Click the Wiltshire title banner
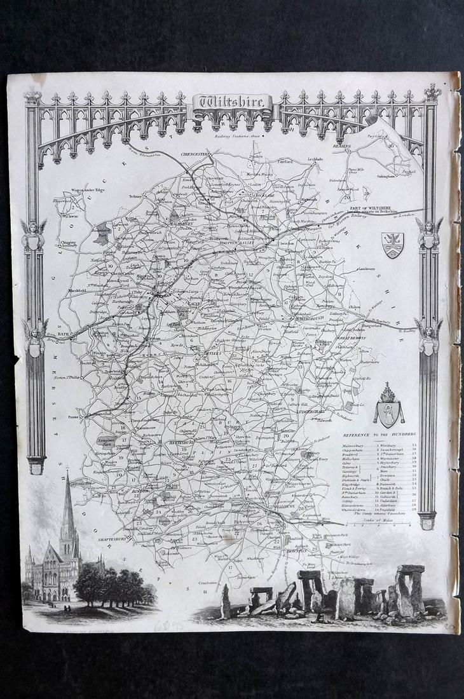point(232,102)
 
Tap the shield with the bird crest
point(392,245)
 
